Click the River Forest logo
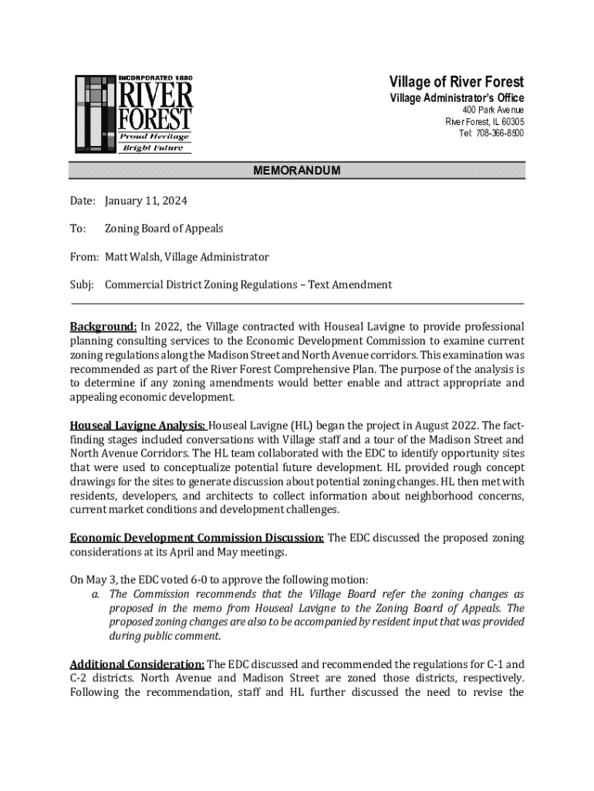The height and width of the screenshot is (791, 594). coord(133,114)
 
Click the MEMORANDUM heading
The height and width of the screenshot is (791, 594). coord(297,171)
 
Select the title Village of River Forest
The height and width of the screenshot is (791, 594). coord(456,82)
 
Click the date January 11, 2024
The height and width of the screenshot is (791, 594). coord(146,201)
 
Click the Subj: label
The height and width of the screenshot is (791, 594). coord(81,284)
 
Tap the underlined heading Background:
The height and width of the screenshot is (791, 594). coord(103,327)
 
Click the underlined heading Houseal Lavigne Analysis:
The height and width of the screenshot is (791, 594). coord(137,425)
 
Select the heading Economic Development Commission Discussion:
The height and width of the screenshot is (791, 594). coord(197,538)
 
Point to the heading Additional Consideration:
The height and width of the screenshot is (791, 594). coord(137,664)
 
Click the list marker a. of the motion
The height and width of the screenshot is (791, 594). coord(95,594)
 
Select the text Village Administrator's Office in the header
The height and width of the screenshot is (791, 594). coord(456,98)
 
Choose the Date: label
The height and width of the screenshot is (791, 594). coord(83,201)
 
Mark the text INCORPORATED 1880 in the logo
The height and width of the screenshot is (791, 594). coord(154,79)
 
